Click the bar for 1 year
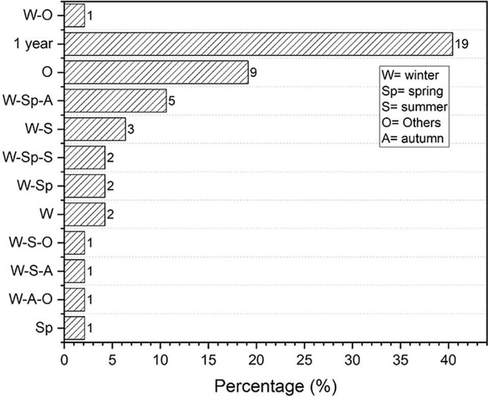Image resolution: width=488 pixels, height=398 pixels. [258, 44]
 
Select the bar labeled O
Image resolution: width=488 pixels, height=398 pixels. [156, 72]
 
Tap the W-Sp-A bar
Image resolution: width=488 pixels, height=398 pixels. [116, 101]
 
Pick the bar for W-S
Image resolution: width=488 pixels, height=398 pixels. [95, 129]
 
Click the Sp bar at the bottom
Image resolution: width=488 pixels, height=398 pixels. [74, 328]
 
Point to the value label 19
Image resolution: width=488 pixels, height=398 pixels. [462, 44]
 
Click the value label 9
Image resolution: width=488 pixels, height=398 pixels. [253, 72]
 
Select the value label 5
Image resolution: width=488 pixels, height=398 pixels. [172, 101]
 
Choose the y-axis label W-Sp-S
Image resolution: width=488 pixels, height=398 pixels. [28, 158]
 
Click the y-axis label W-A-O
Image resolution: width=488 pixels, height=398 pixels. [31, 300]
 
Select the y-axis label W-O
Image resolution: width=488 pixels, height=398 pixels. [38, 16]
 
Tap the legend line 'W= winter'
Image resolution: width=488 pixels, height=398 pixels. [410, 76]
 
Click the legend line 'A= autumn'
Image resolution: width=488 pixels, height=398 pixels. [413, 138]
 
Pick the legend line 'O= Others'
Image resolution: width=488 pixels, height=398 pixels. [411, 123]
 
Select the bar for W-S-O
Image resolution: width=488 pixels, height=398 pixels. [74, 243]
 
